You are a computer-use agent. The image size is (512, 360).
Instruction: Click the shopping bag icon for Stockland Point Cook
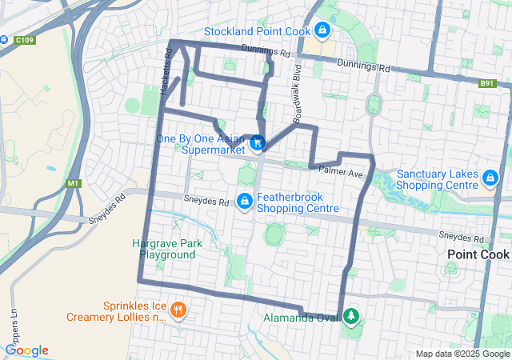322,30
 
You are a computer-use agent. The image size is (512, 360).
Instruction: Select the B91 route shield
488,83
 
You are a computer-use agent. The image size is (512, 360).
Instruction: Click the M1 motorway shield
74,184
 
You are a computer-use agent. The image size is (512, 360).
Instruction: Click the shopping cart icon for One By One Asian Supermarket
258,143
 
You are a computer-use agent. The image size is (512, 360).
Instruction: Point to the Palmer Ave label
341,173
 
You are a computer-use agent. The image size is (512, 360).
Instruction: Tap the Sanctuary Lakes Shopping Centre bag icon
490,177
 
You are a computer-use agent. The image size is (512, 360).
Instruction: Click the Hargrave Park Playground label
167,249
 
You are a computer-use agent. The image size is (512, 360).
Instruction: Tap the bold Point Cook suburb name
478,254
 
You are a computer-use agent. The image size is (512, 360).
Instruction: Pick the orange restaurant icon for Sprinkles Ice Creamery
179,309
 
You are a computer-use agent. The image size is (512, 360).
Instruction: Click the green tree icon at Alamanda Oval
350,317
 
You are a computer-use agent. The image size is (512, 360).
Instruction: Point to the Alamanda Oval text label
301,318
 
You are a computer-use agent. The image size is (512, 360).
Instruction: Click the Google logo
26,350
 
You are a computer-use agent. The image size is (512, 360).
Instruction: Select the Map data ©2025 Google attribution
462,354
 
